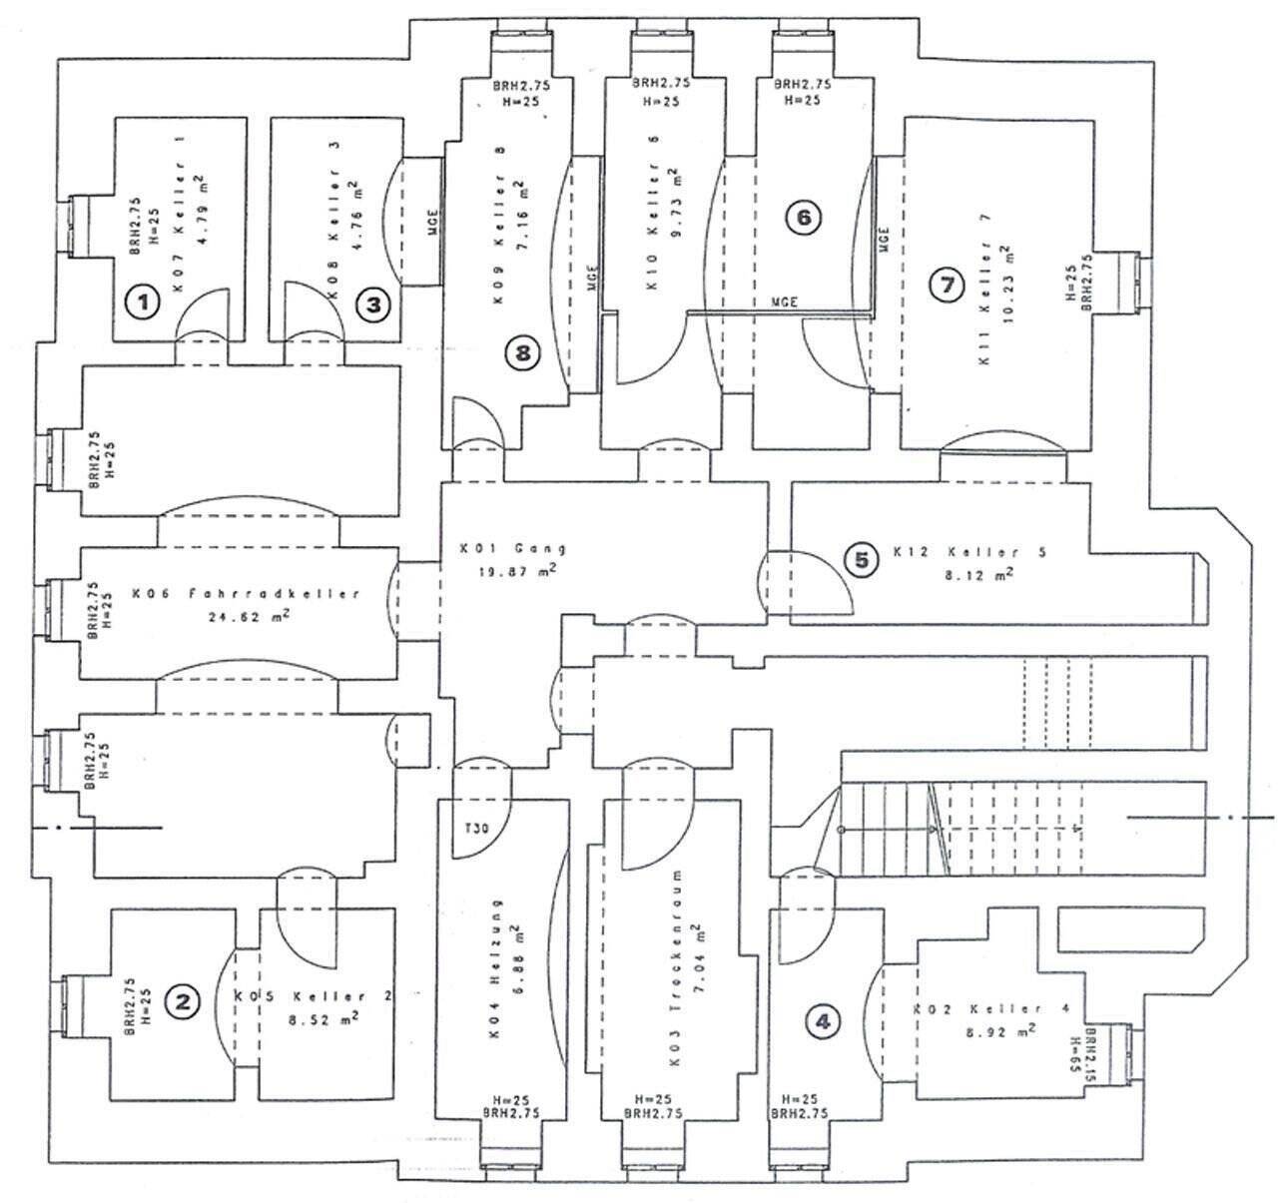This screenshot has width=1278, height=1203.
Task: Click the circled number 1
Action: (x=145, y=301)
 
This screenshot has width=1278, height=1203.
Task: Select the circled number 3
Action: (x=373, y=303)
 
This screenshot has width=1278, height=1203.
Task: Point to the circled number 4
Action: (x=823, y=1021)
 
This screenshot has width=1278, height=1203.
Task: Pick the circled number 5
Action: (x=862, y=560)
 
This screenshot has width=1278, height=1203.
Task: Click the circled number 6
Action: (x=803, y=217)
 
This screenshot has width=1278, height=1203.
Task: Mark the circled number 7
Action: (x=945, y=285)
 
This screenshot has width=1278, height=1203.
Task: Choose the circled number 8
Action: (x=522, y=351)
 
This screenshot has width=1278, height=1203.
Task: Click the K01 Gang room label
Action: (x=513, y=549)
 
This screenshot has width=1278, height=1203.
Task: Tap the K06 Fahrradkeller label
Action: (x=245, y=593)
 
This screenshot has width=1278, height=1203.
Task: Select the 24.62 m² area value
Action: (x=247, y=617)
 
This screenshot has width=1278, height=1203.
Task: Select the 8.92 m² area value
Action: (x=993, y=1031)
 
